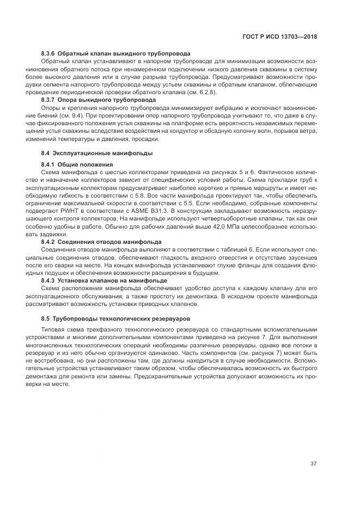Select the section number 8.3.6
pos(49,54)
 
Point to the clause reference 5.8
pos(139,194)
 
